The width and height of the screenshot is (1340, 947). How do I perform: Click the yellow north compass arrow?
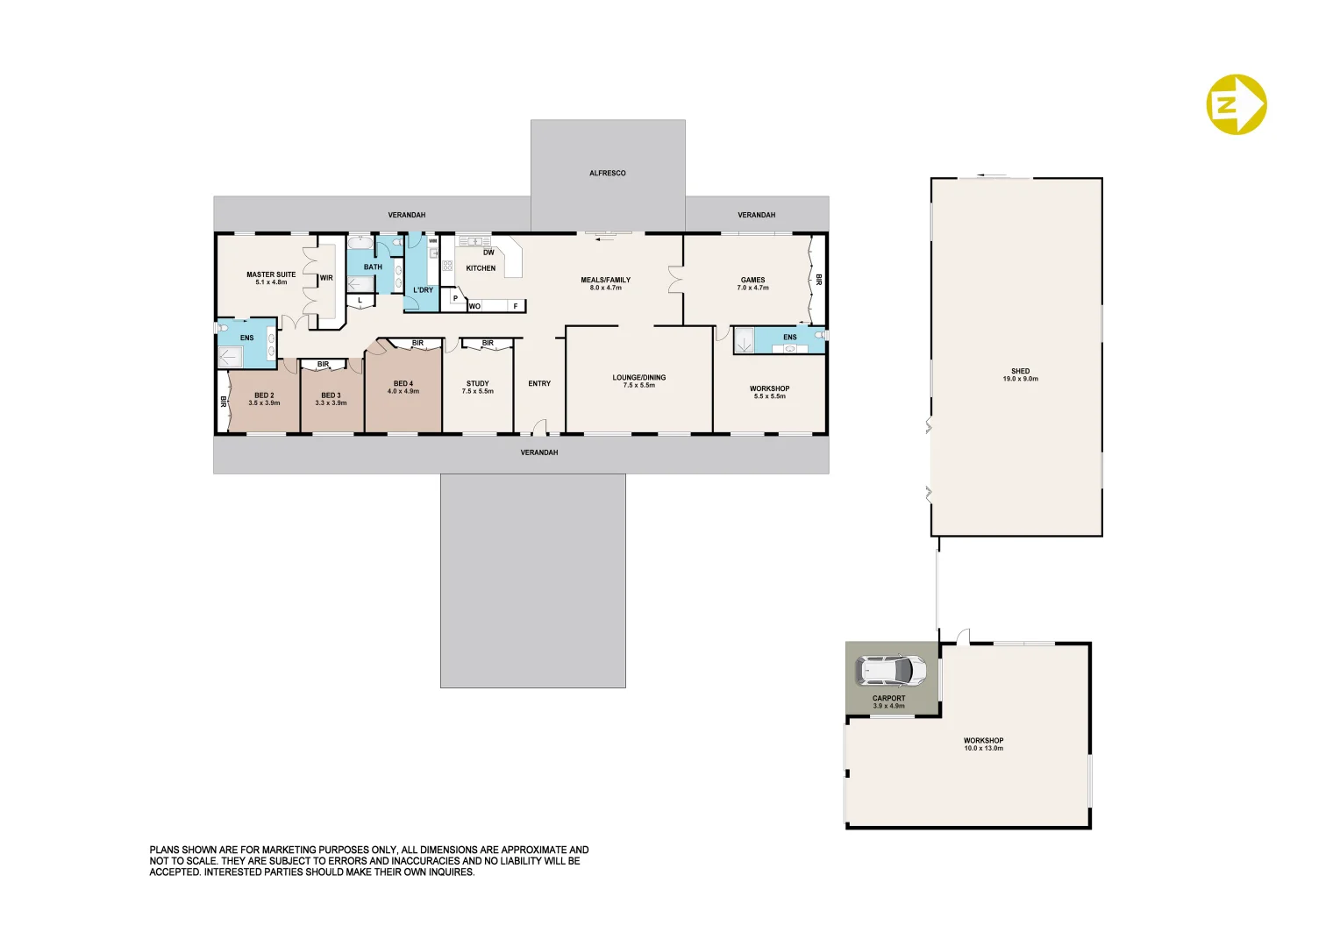(x=1237, y=104)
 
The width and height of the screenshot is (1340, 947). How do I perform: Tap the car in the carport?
(x=890, y=671)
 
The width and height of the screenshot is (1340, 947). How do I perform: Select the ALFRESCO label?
(x=607, y=174)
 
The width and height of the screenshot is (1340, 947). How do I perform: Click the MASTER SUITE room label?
(x=271, y=278)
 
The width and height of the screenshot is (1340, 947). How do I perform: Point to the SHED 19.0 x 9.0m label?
(x=1020, y=375)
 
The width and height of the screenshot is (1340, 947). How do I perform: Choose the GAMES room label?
(x=752, y=283)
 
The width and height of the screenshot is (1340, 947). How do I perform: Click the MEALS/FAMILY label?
(x=605, y=283)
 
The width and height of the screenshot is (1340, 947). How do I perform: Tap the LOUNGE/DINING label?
(x=638, y=381)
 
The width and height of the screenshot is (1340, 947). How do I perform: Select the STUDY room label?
(x=477, y=387)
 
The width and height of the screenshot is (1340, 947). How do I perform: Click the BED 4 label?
(x=403, y=387)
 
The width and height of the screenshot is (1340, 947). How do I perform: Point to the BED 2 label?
(x=264, y=398)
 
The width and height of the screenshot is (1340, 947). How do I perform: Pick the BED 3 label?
(x=331, y=398)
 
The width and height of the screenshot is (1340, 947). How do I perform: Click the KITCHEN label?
(x=481, y=268)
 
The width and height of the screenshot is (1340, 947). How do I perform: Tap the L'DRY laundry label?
(x=423, y=290)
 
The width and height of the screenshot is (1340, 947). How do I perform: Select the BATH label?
(x=373, y=267)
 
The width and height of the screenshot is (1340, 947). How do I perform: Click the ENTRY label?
(x=539, y=384)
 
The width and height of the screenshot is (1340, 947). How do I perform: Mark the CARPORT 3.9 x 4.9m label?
(x=888, y=701)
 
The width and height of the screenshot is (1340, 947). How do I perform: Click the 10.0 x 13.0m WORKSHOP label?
(x=983, y=744)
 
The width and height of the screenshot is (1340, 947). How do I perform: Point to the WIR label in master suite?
(x=326, y=278)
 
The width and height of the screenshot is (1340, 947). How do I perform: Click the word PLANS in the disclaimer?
(x=164, y=850)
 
